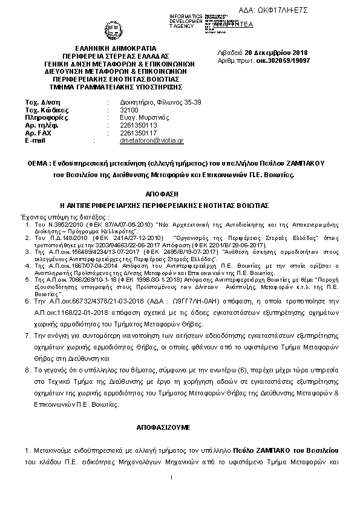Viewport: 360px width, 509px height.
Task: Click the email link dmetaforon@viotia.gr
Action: point(152,140)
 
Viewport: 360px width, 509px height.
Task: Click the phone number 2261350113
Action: point(139,125)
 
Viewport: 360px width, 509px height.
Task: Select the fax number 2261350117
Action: point(139,132)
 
